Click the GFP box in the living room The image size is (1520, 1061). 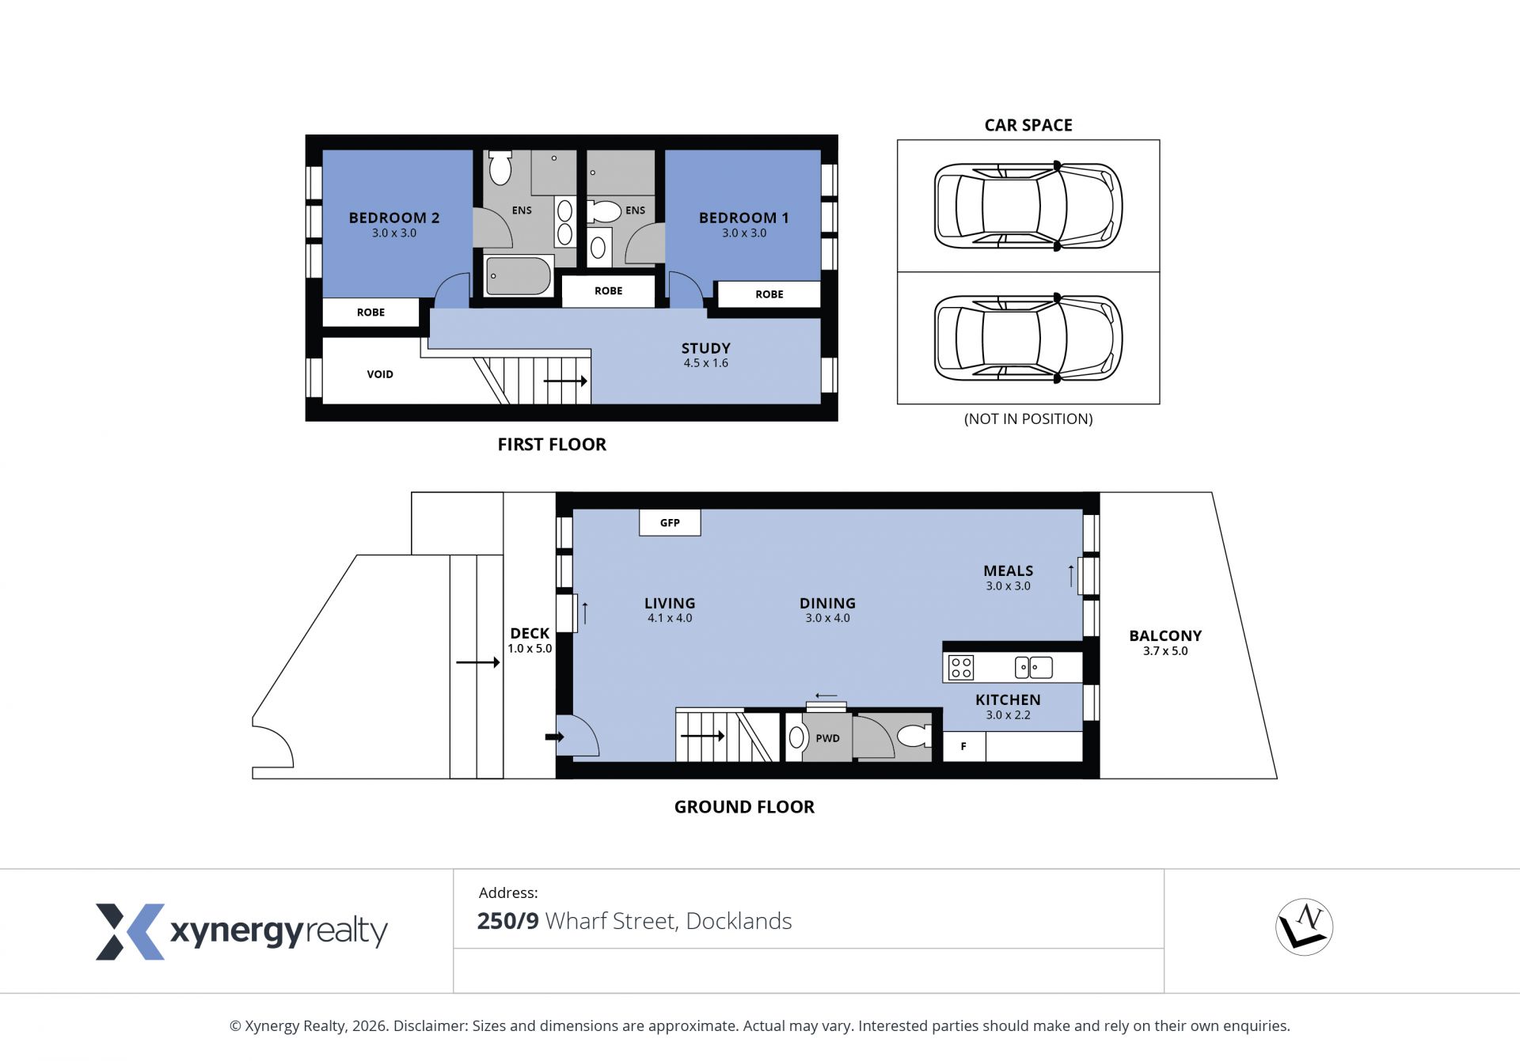pyautogui.click(x=670, y=522)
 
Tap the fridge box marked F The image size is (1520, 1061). pyautogui.click(x=963, y=746)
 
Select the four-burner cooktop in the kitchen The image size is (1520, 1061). pyautogui.click(x=961, y=667)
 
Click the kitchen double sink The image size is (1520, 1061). pyautogui.click(x=1034, y=667)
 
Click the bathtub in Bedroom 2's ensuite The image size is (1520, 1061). pyautogui.click(x=519, y=276)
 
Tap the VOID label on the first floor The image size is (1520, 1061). pyautogui.click(x=380, y=374)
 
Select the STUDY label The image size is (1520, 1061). pyautogui.click(x=706, y=348)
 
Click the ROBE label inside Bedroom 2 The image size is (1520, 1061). pyautogui.click(x=370, y=313)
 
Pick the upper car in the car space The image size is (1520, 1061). pyautogui.click(x=1028, y=206)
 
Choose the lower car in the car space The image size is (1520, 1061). pyautogui.click(x=1028, y=338)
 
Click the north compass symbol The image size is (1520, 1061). pyautogui.click(x=1305, y=926)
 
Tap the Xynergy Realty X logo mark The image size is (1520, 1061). pyautogui.click(x=131, y=931)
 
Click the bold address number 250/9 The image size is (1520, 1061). pyautogui.click(x=507, y=921)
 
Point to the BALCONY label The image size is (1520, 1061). pyautogui.click(x=1165, y=635)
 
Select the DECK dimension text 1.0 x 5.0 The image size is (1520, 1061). pyautogui.click(x=530, y=649)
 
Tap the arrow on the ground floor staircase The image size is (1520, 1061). pyautogui.click(x=702, y=736)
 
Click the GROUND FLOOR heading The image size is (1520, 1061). pyautogui.click(x=744, y=807)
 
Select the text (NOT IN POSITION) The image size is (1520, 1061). pyautogui.click(x=1028, y=419)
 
